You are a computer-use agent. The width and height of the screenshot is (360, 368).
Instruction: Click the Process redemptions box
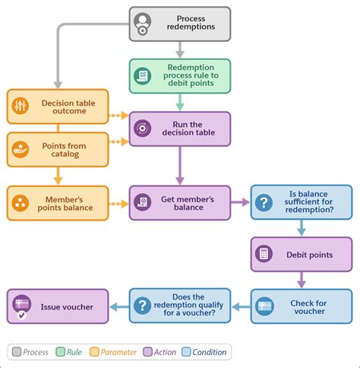180,24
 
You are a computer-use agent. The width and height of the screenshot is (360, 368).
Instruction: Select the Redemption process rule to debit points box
180,75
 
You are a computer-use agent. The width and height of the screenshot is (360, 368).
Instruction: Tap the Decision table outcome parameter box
58,106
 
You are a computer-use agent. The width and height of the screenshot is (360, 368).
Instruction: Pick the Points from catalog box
58,150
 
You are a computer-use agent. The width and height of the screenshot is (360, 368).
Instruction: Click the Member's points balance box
58,202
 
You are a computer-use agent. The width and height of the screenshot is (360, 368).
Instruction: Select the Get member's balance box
180,203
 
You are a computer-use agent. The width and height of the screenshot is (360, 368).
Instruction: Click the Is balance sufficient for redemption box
302,203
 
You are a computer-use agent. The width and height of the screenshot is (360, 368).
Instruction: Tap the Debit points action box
302,254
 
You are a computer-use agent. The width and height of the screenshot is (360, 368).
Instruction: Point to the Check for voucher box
302,306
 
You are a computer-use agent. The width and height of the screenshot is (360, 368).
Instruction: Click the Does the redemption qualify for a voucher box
179,306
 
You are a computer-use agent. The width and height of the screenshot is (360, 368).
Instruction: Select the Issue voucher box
58,306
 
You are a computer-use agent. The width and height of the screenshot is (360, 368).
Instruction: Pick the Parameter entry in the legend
113,352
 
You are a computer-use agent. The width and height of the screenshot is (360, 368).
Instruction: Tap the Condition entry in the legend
204,352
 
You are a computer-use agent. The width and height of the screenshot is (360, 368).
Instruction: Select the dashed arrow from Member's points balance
118,203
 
